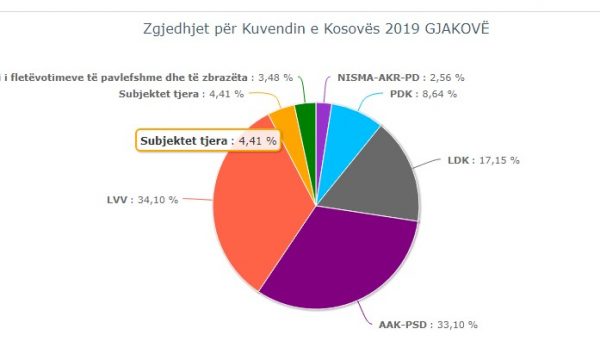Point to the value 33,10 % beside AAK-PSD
click(x=456, y=325)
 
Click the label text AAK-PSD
click(x=403, y=325)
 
